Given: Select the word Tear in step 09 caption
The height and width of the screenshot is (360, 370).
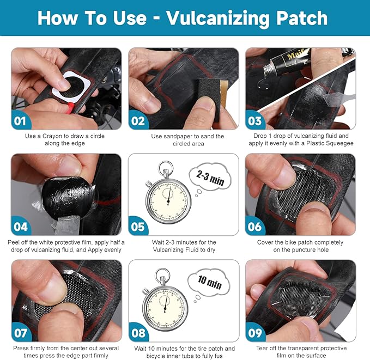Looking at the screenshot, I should tap(263, 347).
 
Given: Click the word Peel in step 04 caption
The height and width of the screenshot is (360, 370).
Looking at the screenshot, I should tap(16, 242).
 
